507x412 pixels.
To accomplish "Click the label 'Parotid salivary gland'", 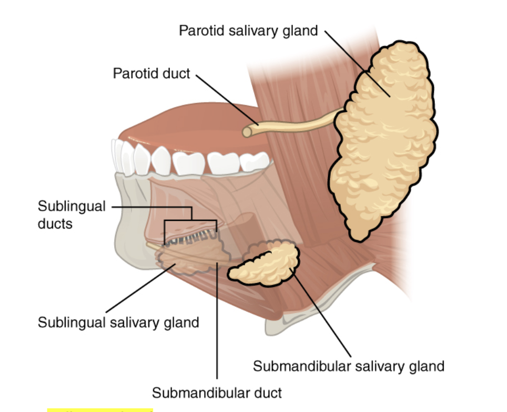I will [248, 30].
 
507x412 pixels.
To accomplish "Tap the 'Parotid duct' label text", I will [151, 73].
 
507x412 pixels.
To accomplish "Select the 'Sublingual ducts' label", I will [72, 214].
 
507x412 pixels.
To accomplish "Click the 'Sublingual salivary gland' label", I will [118, 322].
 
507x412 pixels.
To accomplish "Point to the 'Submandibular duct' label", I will [217, 392].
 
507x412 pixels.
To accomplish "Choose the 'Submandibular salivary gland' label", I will [349, 365].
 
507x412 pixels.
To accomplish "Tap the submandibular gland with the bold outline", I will [266, 263].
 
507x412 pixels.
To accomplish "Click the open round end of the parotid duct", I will [247, 132].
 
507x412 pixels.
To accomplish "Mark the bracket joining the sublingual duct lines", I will [190, 220].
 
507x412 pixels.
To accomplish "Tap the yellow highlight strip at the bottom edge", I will [100, 409].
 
